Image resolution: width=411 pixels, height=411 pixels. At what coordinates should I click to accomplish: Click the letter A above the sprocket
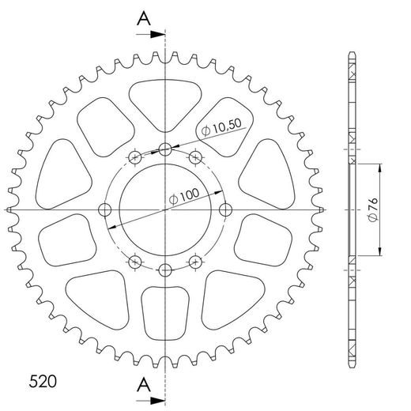pyautogui.click(x=144, y=17)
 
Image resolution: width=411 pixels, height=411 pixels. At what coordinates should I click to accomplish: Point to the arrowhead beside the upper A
pyautogui.click(x=159, y=35)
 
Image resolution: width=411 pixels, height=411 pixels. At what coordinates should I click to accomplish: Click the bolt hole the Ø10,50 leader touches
pyautogui.click(x=165, y=149)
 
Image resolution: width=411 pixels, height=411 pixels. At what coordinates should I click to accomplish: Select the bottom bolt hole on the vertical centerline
pyautogui.click(x=165, y=270)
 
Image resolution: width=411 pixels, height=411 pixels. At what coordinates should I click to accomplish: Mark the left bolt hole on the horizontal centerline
pyautogui.click(x=104, y=209)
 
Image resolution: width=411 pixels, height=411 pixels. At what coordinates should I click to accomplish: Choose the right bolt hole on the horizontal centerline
pyautogui.click(x=226, y=209)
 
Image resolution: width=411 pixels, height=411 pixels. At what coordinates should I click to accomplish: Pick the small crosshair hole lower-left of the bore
pyautogui.click(x=135, y=260)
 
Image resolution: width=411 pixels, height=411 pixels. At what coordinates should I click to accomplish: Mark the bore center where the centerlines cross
pyautogui.click(x=165, y=209)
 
